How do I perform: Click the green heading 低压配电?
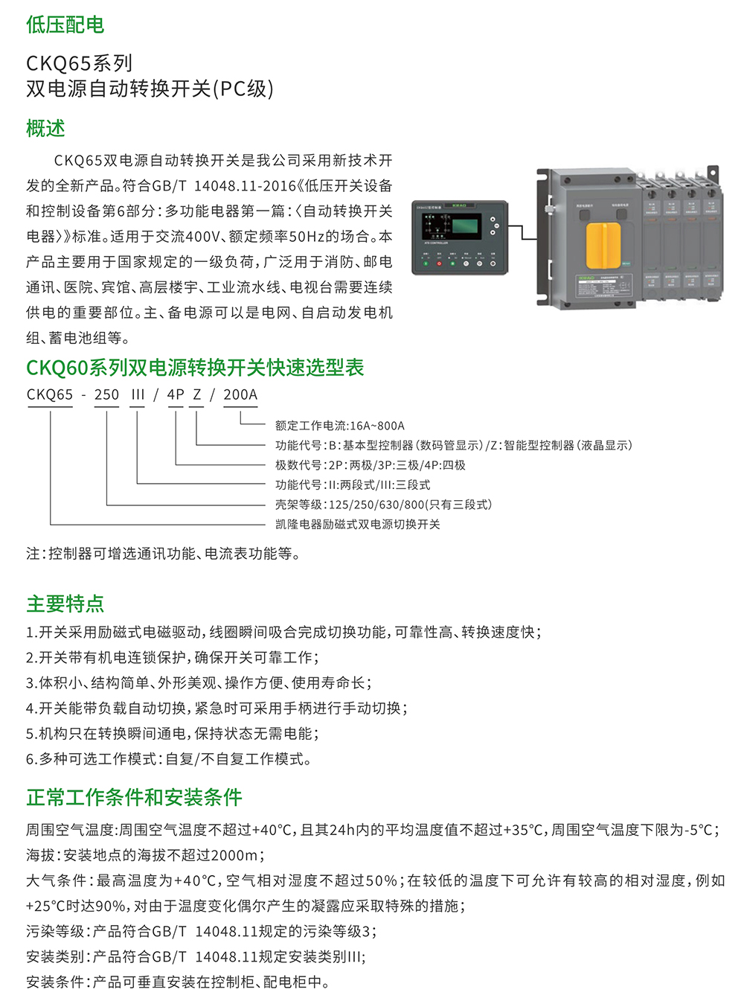click(65, 25)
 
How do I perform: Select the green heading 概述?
click(46, 128)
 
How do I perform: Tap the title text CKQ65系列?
click(79, 63)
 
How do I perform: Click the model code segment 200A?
click(240, 395)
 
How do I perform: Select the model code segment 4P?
click(176, 395)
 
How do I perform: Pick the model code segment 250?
click(106, 395)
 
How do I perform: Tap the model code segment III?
click(138, 395)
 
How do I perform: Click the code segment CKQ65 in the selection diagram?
click(50, 395)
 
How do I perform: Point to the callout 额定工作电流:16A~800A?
click(340, 426)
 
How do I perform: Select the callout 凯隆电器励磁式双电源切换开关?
click(358, 524)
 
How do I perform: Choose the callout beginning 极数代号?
click(371, 465)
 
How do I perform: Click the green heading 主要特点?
click(65, 604)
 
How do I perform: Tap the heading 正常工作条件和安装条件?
click(135, 797)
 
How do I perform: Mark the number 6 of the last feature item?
click(31, 759)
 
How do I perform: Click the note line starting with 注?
click(164, 554)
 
